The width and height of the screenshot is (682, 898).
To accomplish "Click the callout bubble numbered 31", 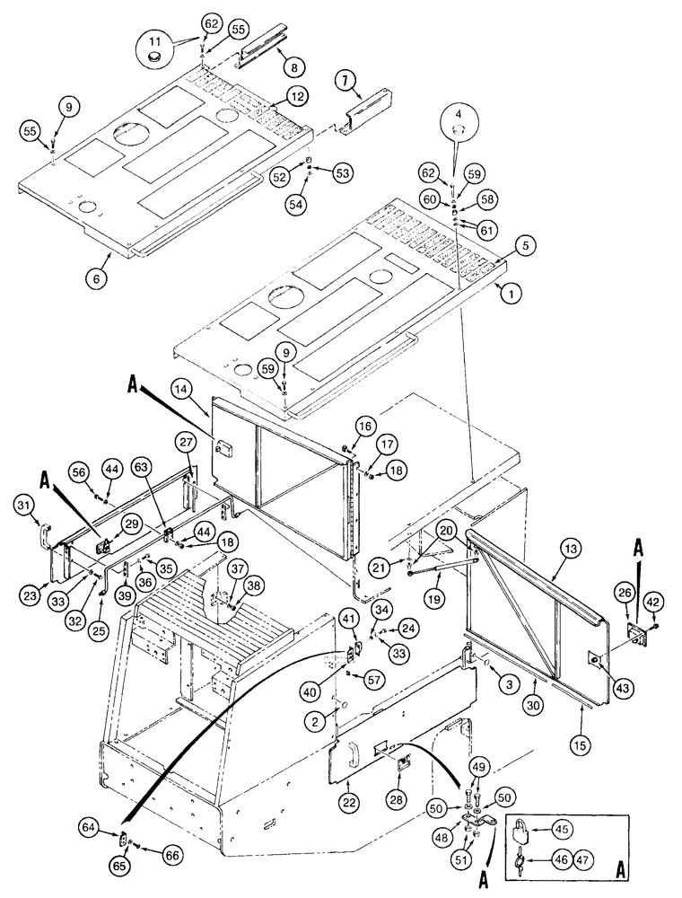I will click(x=27, y=506).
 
